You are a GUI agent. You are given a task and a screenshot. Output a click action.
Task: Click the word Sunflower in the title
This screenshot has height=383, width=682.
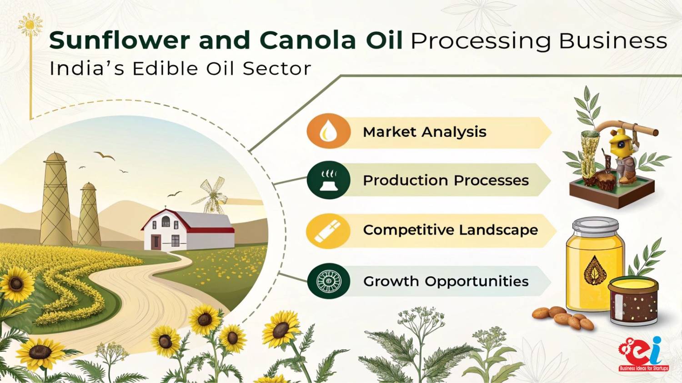point(120,40)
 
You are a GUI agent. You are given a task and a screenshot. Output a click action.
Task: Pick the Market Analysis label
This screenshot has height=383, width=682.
point(425,132)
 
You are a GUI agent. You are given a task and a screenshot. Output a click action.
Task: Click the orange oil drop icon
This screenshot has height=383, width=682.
point(329,131)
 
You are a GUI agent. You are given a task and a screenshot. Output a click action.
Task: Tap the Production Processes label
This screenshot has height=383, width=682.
point(446,180)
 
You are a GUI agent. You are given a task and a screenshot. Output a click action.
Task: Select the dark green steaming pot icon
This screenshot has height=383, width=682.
point(329,180)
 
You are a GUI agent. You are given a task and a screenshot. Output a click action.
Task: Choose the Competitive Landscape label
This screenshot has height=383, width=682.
point(451,230)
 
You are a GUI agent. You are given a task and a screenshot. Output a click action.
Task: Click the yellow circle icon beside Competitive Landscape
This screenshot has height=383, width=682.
point(328,231)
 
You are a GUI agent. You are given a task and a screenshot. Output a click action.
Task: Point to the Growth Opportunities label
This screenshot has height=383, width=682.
point(446,281)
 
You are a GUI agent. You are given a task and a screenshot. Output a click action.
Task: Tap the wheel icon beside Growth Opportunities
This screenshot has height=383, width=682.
point(329,281)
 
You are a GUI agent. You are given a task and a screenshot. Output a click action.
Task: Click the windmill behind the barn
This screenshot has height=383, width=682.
point(211,195)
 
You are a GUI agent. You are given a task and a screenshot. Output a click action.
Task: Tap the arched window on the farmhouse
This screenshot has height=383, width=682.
point(165,221)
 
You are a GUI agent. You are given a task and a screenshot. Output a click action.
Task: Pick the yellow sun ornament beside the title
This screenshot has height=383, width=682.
point(30,25)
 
